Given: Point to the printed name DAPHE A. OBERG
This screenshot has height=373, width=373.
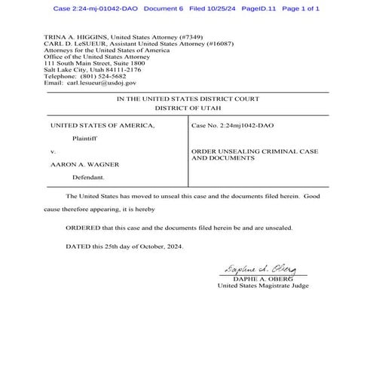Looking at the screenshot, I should click(x=258, y=279).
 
